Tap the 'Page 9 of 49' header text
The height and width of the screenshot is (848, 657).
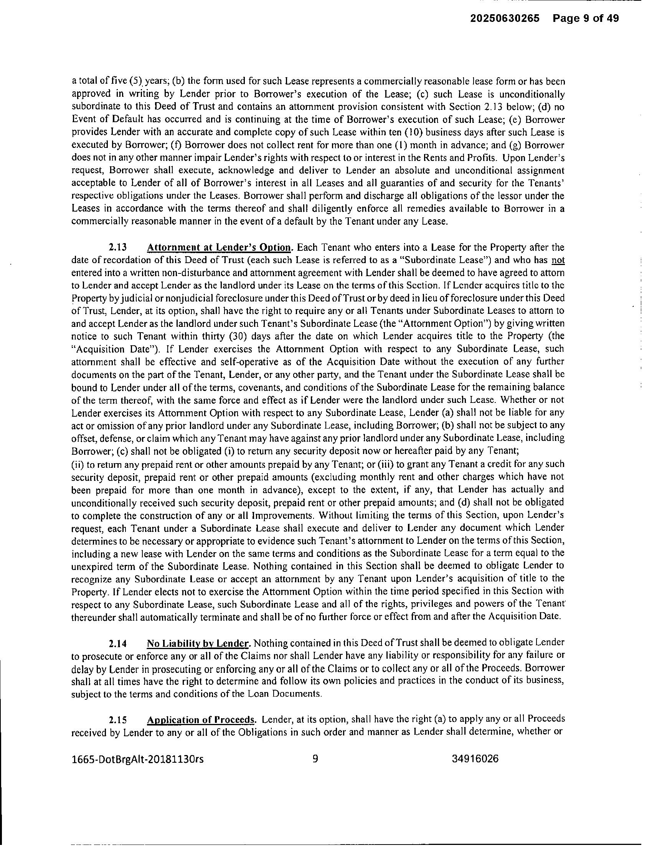586,18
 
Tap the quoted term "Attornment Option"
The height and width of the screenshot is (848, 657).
393,323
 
